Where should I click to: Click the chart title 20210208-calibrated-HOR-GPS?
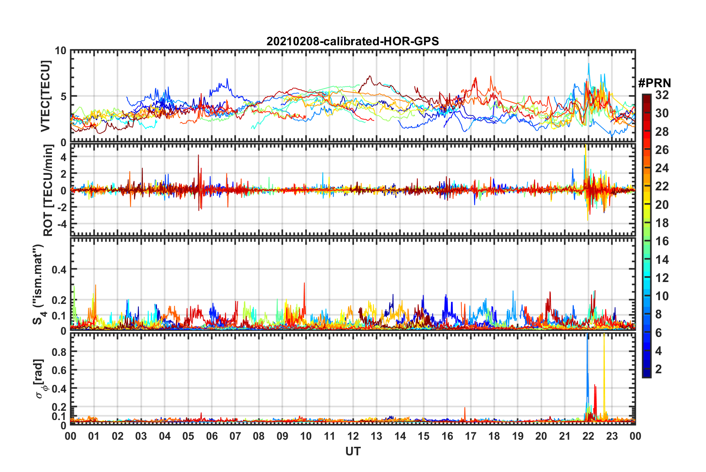coord(353,41)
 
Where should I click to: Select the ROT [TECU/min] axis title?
coord(48,190)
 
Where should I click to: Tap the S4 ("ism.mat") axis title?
coord(39,285)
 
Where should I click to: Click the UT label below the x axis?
coord(353,451)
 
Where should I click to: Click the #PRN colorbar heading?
coord(654,83)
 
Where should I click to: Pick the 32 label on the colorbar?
coord(662,95)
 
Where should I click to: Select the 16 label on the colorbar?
coord(662,241)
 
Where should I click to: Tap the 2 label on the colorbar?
coord(658,369)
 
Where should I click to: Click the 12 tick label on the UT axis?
coord(353,436)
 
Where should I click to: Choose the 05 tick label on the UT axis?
coord(188,436)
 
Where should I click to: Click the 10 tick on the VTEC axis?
coord(61,51)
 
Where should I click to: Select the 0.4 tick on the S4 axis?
coord(59,269)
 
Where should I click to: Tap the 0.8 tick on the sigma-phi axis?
coord(59,352)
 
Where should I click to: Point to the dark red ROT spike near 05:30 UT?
coord(198,158)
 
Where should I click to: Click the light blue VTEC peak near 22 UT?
coord(588,65)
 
